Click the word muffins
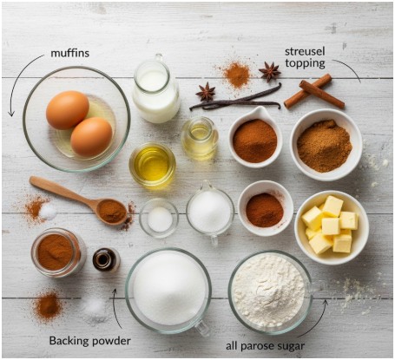[69, 53]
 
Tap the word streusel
[305, 52]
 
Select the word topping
[305, 63]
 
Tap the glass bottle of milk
[156, 88]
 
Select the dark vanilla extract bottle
[106, 259]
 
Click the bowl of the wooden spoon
[112, 212]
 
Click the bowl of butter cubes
[332, 227]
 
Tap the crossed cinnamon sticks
[314, 91]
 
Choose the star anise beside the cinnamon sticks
[269, 71]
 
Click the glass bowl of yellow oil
[152, 165]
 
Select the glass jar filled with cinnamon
[59, 252]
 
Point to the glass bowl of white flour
[270, 292]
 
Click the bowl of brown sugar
[326, 145]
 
